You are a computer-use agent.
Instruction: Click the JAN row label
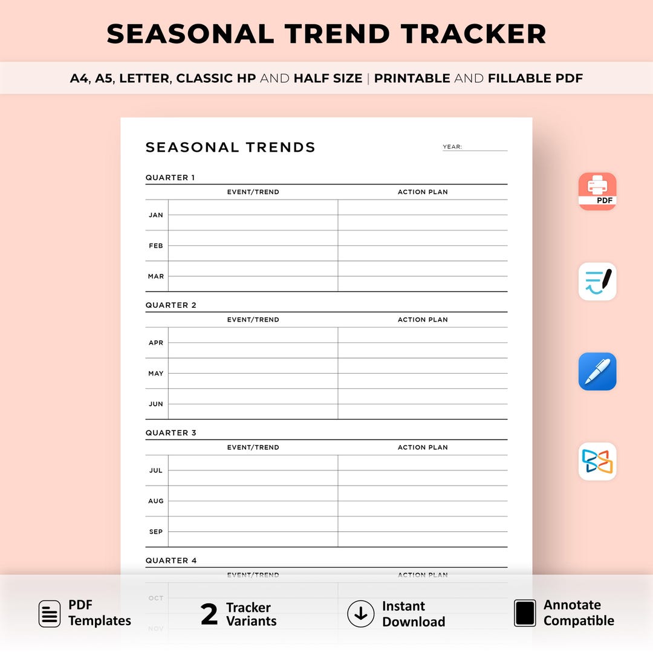pyautogui.click(x=156, y=215)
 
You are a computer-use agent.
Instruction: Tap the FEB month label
pyautogui.click(x=156, y=246)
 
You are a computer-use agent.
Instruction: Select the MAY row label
pyautogui.click(x=156, y=374)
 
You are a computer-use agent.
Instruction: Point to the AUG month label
pyautogui.click(x=156, y=501)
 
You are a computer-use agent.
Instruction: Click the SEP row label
pyautogui.click(x=156, y=532)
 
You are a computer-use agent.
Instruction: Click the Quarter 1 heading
pyautogui.click(x=171, y=178)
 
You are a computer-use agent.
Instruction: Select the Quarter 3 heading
pyautogui.click(x=171, y=433)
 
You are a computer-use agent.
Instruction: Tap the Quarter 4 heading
pyautogui.click(x=171, y=560)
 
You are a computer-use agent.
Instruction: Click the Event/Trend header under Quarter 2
pyautogui.click(x=253, y=320)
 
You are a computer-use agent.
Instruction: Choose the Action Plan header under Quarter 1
pyautogui.click(x=423, y=192)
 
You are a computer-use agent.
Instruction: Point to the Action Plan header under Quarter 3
pyautogui.click(x=423, y=447)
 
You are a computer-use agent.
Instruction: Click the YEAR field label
pyautogui.click(x=452, y=147)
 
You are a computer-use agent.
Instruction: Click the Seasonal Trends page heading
pyautogui.click(x=230, y=148)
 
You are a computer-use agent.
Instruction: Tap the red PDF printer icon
pyautogui.click(x=597, y=191)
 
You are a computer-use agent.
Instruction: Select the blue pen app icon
pyautogui.click(x=597, y=371)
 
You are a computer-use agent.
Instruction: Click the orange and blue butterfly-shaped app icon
pyautogui.click(x=597, y=461)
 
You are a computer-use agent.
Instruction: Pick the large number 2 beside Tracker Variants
pyautogui.click(x=209, y=614)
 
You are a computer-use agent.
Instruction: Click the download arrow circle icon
pyautogui.click(x=361, y=614)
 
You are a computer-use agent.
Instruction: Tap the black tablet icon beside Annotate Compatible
pyautogui.click(x=525, y=613)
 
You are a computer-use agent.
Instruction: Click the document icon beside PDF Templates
pyautogui.click(x=50, y=614)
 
